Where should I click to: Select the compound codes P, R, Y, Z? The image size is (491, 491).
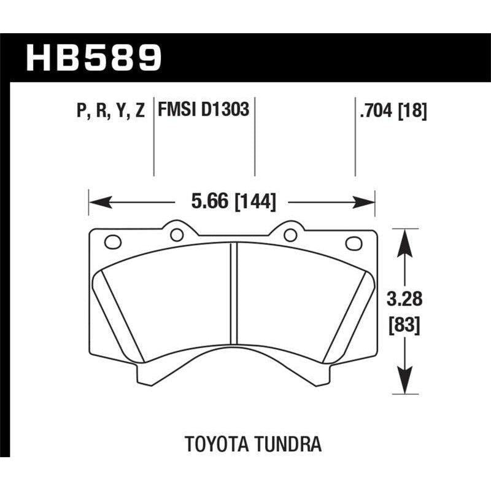tap(111, 110)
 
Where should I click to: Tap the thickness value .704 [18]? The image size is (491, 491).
tap(390, 110)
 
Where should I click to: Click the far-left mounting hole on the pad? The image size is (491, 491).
tap(113, 242)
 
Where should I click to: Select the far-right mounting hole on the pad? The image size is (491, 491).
tap(354, 243)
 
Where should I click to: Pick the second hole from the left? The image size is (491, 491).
tap(177, 234)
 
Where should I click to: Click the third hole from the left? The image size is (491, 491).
tap(290, 234)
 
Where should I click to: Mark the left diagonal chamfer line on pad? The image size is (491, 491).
tap(122, 316)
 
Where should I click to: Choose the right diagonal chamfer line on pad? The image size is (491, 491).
tap(347, 316)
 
